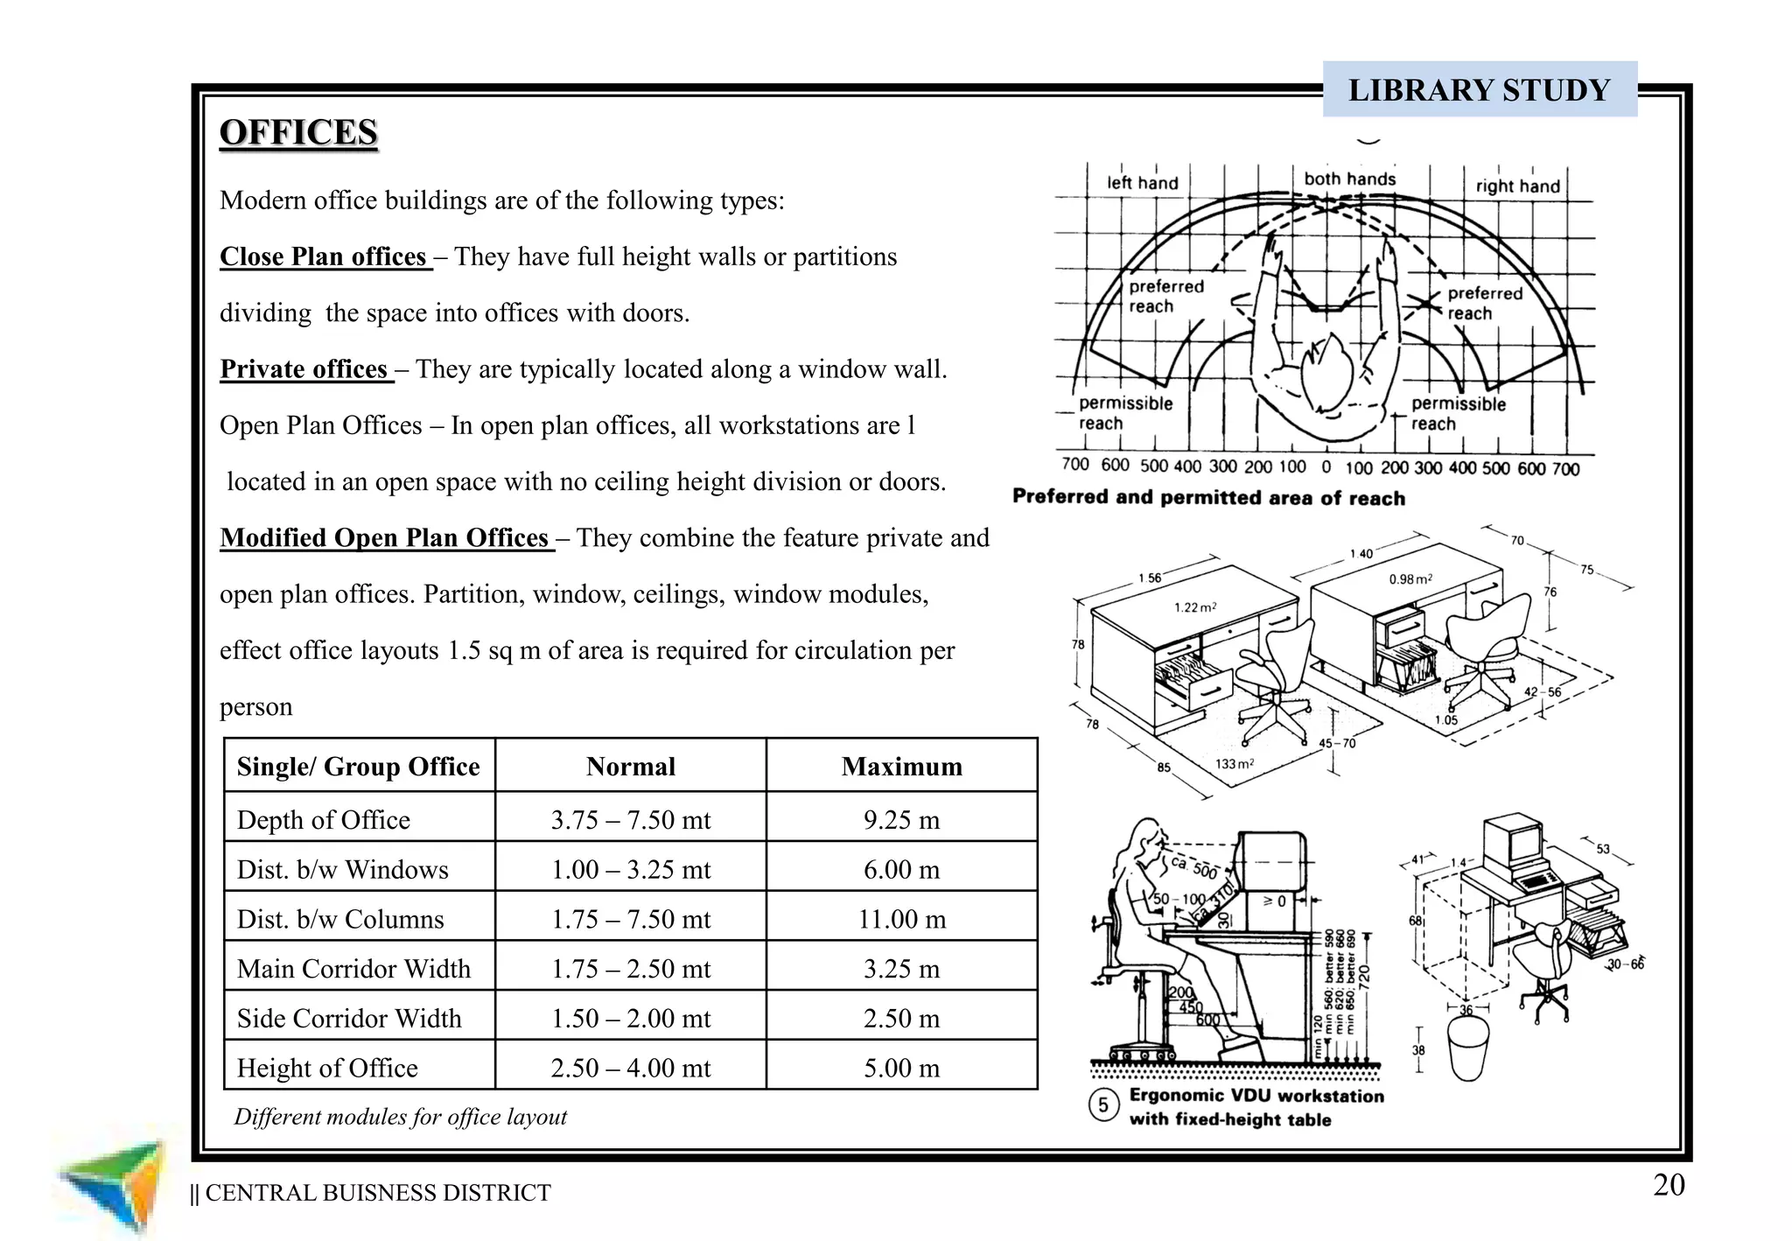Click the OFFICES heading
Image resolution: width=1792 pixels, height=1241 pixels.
(x=298, y=133)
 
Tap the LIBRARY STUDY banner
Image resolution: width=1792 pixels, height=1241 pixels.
(x=1479, y=89)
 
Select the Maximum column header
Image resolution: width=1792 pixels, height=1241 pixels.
(x=901, y=767)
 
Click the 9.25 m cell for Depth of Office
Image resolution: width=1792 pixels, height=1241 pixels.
(x=901, y=820)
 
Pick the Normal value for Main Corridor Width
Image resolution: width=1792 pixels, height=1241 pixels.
(x=630, y=969)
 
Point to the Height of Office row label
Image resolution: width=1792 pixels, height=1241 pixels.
(x=327, y=1068)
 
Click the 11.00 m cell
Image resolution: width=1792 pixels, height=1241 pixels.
(x=901, y=919)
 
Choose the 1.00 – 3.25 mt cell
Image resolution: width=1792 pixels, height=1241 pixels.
(x=630, y=870)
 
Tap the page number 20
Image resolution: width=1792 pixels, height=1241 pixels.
(x=1669, y=1185)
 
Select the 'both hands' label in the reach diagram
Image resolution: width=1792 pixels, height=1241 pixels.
(x=1349, y=179)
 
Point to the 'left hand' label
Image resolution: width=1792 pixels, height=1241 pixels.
(x=1142, y=183)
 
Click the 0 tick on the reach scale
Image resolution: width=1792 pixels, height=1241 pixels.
(x=1326, y=467)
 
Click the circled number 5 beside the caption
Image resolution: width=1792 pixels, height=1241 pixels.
(x=1103, y=1105)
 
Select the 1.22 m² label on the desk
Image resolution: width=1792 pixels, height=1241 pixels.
(x=1194, y=607)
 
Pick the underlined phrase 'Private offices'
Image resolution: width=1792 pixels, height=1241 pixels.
(x=304, y=369)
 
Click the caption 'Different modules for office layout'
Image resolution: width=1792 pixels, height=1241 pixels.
(x=400, y=1117)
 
